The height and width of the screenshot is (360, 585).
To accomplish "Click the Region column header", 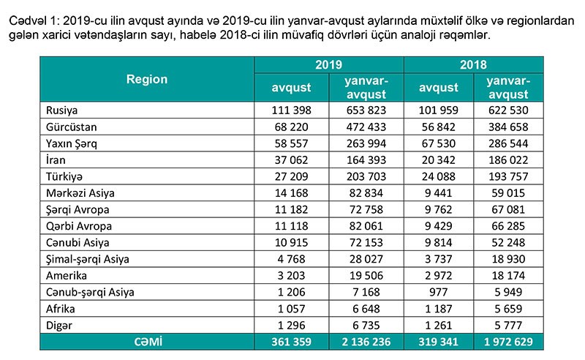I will [146, 79].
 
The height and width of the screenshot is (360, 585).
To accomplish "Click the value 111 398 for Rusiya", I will [291, 110].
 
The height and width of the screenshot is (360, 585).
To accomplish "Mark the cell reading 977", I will [439, 293].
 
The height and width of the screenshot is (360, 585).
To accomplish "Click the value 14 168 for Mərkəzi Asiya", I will [291, 193].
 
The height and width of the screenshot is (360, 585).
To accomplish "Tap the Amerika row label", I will [66, 277].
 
